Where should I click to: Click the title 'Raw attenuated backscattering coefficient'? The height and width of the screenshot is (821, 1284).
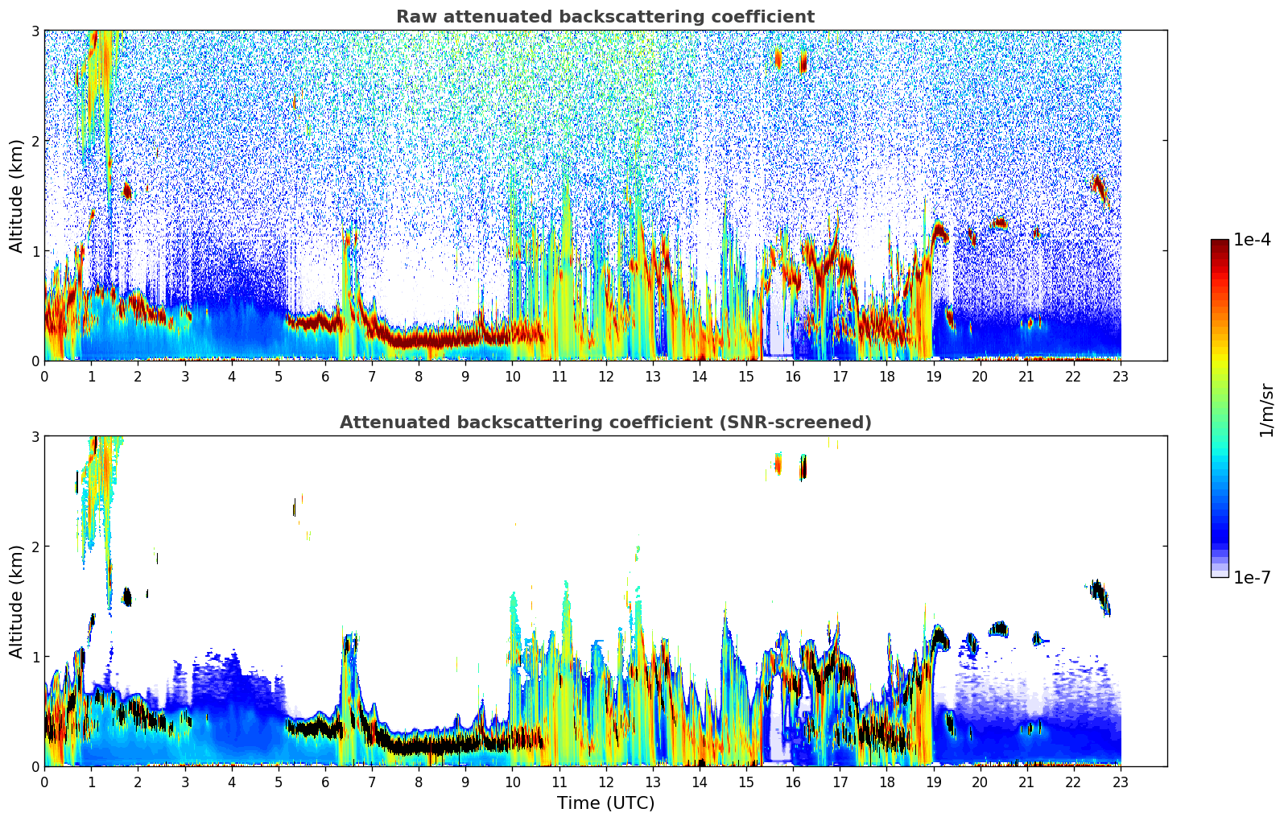[x=605, y=17]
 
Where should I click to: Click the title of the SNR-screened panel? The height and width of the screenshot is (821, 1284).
[x=605, y=423]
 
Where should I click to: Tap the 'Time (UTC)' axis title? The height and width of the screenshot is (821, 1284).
[x=605, y=803]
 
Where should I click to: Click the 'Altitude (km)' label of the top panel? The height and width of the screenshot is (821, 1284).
[x=16, y=196]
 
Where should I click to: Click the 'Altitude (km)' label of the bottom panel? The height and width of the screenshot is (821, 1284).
[x=16, y=601]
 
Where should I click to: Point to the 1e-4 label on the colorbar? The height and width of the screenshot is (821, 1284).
[x=1252, y=240]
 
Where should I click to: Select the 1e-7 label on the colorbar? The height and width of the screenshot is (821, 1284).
[x=1252, y=577]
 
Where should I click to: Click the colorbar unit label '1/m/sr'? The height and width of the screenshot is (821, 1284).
[x=1266, y=410]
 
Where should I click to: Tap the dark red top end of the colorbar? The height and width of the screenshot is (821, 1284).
[x=1220, y=244]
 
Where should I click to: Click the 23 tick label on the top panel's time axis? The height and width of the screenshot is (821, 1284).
[x=1121, y=377]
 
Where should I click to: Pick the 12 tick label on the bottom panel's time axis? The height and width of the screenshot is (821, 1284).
[x=605, y=782]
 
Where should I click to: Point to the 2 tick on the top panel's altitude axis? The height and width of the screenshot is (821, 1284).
[x=35, y=141]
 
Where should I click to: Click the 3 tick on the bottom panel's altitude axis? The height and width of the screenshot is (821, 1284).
[x=35, y=436]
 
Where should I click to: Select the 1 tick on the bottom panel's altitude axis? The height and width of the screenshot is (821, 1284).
[x=35, y=657]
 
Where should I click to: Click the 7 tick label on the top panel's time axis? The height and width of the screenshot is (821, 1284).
[x=372, y=377]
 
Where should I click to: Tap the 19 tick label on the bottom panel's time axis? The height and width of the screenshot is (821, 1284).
[x=933, y=782]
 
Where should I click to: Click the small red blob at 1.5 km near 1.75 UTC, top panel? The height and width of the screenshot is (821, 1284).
[x=126, y=192]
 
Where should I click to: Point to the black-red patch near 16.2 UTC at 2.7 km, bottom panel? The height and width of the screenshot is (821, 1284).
[x=803, y=467]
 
